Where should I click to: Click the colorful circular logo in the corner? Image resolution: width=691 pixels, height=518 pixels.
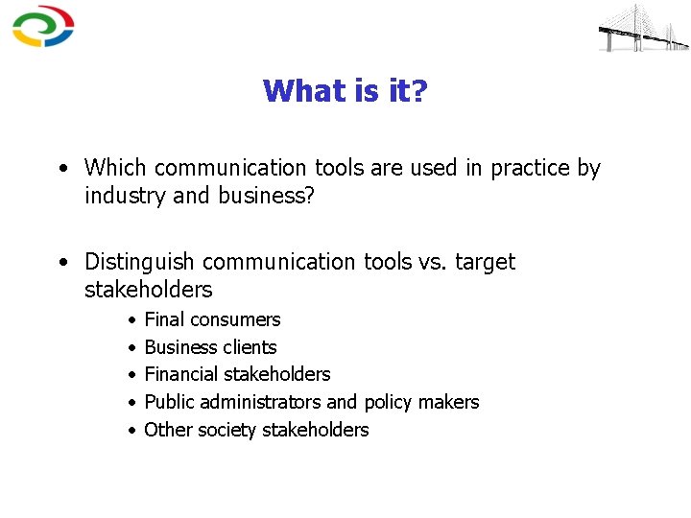click(43, 26)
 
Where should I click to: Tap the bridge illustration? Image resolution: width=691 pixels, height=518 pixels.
click(643, 29)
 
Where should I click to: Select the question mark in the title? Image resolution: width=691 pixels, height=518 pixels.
click(419, 91)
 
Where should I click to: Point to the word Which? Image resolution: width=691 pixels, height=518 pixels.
click(116, 168)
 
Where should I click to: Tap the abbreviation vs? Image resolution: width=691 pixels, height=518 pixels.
click(433, 262)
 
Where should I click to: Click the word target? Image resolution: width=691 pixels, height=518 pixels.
click(485, 262)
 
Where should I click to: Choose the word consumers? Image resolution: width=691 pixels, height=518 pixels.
click(236, 319)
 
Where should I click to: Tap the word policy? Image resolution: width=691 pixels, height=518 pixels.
click(389, 402)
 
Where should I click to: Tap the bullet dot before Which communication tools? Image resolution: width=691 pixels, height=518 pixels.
click(62, 169)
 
